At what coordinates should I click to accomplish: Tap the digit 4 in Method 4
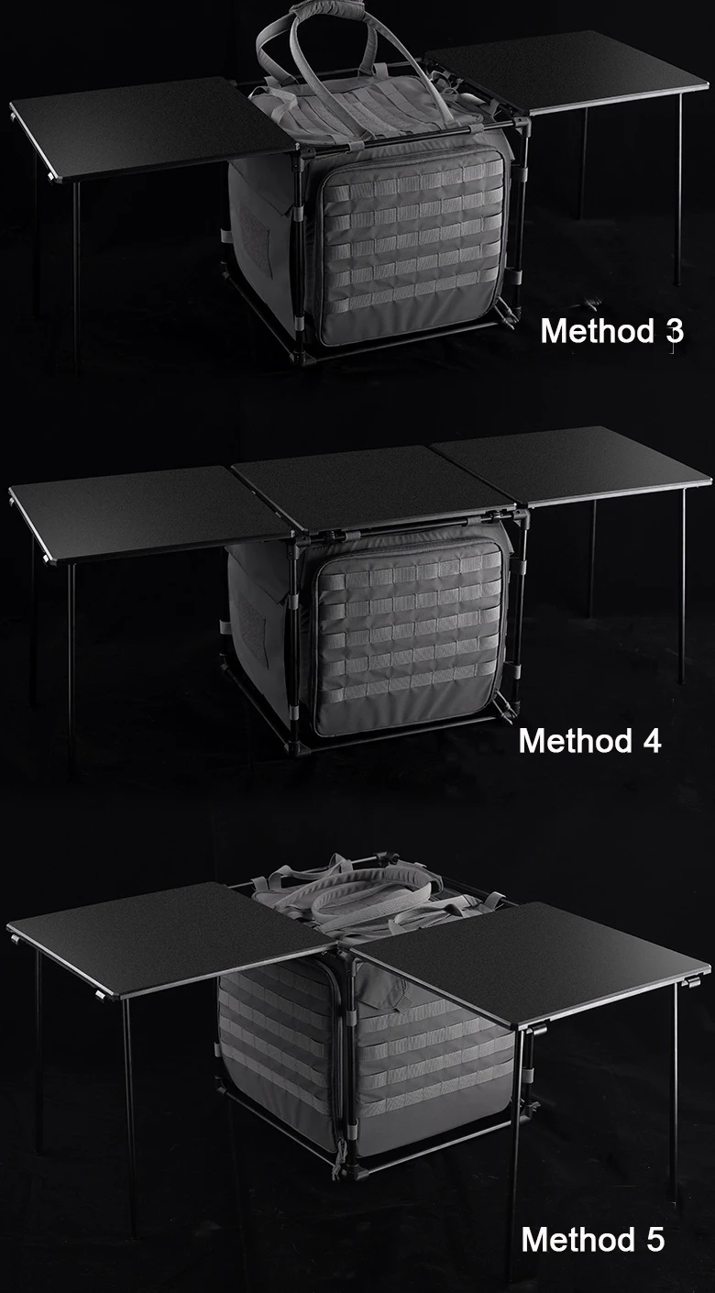pos(651,741)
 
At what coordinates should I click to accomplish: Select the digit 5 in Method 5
pos(654,1240)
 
